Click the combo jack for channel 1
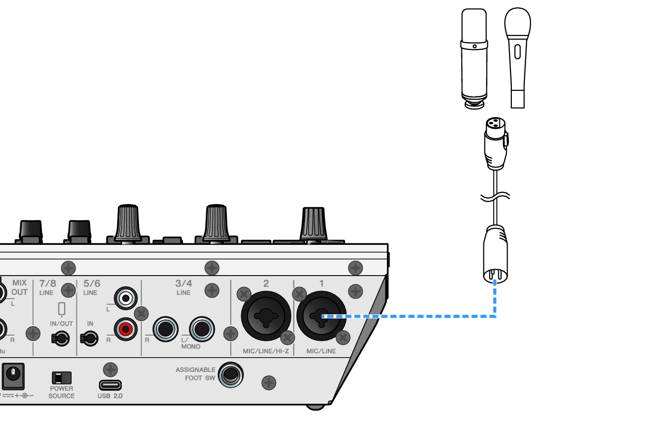(x=321, y=316)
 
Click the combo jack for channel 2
(x=266, y=316)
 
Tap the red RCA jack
(x=126, y=329)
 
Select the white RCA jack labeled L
(x=126, y=299)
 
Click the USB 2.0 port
(x=110, y=385)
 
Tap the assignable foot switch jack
(x=231, y=375)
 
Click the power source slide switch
(x=61, y=378)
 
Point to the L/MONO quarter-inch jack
(x=202, y=329)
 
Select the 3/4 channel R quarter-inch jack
(x=165, y=329)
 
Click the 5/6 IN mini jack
(x=89, y=338)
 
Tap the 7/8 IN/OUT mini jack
(x=61, y=338)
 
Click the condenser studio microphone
(x=474, y=58)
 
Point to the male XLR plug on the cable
(x=495, y=254)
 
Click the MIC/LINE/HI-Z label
(x=266, y=351)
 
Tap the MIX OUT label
(x=19, y=287)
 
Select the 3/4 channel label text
(x=184, y=283)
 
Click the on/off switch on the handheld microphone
(x=517, y=51)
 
